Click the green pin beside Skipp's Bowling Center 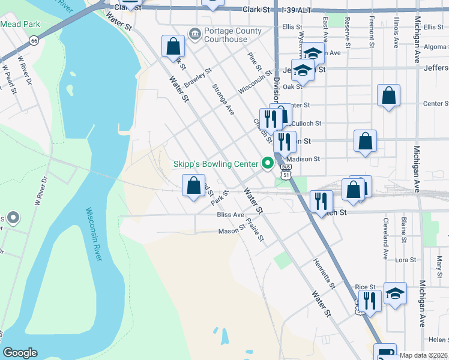tap(268, 163)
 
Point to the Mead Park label tap(20, 25)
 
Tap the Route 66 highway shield tap(33, 41)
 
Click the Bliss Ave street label tap(231, 214)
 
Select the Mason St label tap(229, 231)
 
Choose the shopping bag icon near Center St tap(389, 95)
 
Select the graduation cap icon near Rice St tap(395, 293)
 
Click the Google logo tap(20, 353)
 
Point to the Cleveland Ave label tap(385, 234)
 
